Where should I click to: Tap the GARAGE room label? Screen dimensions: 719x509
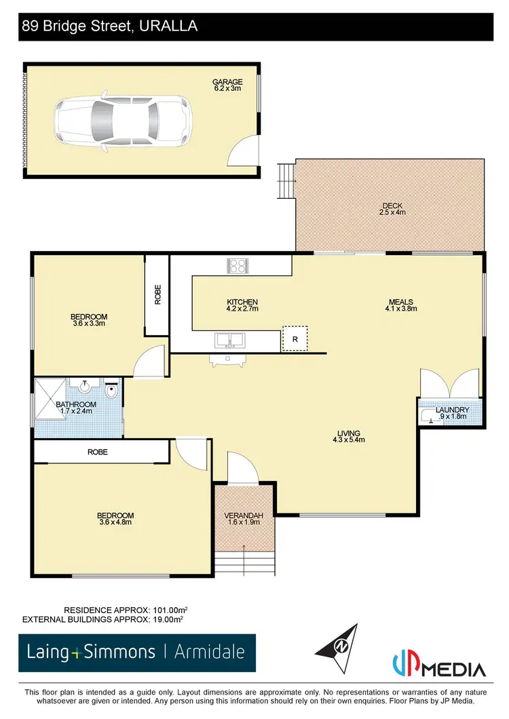[227, 82]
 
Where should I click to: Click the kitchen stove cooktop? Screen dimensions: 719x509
[237, 266]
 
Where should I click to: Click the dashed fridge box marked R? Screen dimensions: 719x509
[295, 338]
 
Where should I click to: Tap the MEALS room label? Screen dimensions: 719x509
[400, 303]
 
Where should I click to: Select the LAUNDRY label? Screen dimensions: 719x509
[451, 410]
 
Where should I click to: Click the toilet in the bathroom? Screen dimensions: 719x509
[113, 391]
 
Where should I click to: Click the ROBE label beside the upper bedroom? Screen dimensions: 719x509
[157, 295]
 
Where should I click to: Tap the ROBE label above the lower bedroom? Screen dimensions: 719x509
[96, 451]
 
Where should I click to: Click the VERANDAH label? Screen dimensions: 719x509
[244, 516]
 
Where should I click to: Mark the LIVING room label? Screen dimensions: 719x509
[350, 433]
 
